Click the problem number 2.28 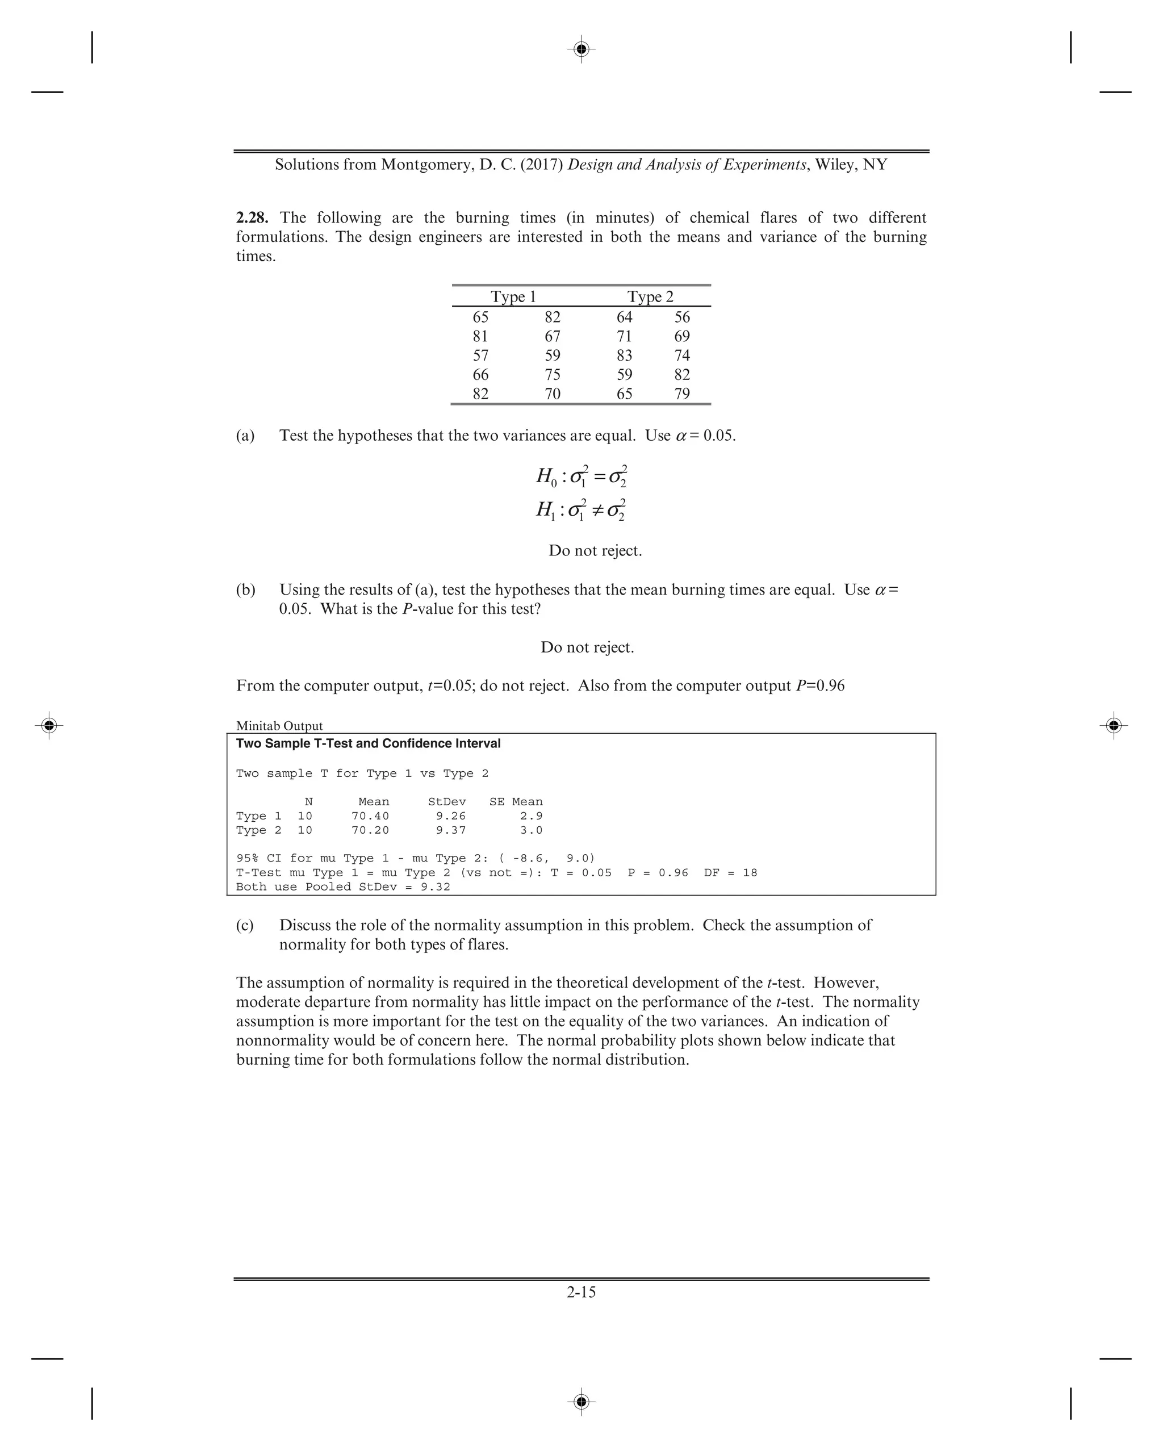click(x=252, y=218)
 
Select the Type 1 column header click(x=513, y=297)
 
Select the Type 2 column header click(x=650, y=297)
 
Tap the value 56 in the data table click(x=682, y=317)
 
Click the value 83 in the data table click(x=624, y=356)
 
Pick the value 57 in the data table click(x=480, y=356)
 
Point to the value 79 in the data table click(x=682, y=394)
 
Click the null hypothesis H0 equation click(x=581, y=476)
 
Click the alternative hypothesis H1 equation click(x=581, y=510)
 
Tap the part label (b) click(x=246, y=590)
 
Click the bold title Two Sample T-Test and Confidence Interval click(x=368, y=743)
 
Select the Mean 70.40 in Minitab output click(x=370, y=816)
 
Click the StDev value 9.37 click(x=450, y=830)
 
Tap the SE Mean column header click(x=516, y=801)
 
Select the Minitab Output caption click(x=279, y=726)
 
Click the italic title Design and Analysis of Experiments click(x=687, y=165)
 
